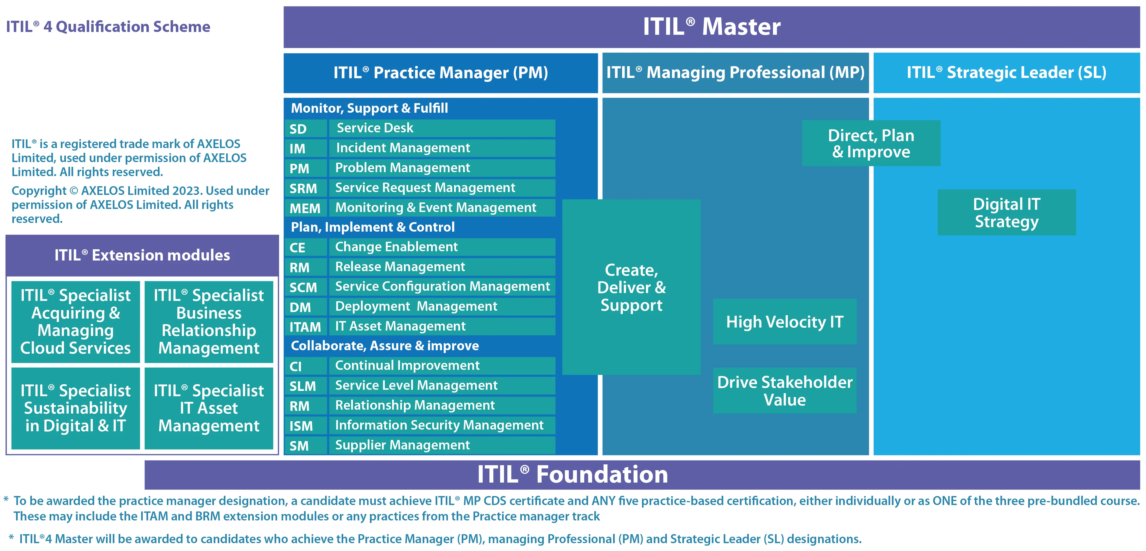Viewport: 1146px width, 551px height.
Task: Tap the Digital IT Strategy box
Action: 1006,213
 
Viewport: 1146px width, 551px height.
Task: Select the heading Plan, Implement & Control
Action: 373,227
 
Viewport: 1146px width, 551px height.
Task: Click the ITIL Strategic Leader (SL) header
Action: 1006,73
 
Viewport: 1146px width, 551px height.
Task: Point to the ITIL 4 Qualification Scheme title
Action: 108,27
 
